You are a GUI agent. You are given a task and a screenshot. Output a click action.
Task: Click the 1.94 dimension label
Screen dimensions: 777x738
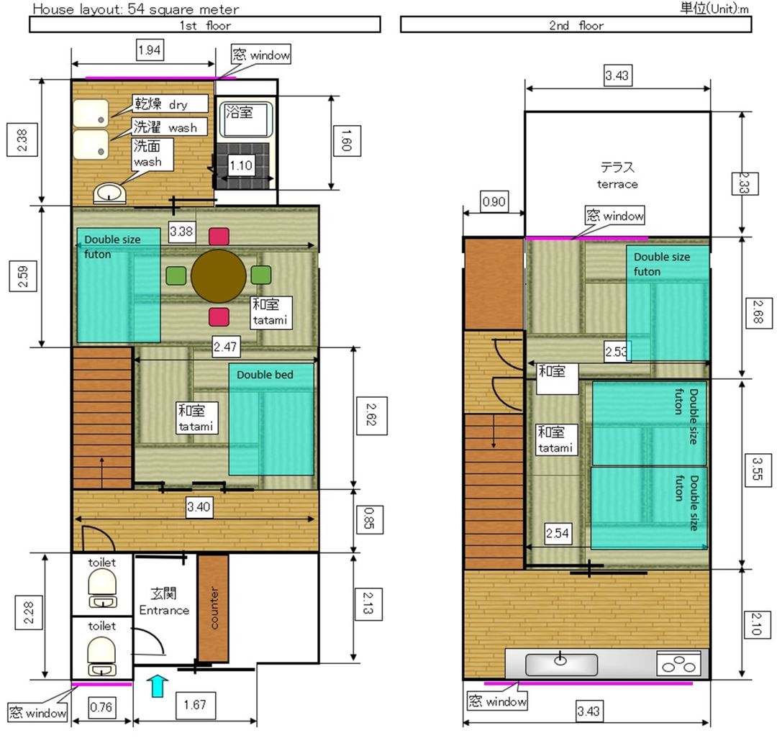point(150,50)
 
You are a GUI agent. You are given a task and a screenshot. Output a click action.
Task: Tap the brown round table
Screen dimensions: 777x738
point(219,276)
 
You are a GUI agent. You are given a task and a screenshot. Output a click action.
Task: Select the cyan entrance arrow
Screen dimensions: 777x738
point(158,685)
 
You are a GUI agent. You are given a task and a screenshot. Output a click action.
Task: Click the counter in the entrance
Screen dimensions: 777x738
point(213,609)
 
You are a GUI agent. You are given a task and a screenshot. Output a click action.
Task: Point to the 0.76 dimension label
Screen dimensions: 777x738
point(101,707)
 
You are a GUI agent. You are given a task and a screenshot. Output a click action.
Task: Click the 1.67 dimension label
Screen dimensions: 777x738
point(195,705)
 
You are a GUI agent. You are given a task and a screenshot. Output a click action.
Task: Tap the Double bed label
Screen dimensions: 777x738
point(265,375)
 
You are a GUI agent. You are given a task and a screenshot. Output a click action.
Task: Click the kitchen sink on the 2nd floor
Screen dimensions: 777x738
point(561,664)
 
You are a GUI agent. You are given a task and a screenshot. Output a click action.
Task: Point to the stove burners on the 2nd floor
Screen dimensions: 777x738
point(678,664)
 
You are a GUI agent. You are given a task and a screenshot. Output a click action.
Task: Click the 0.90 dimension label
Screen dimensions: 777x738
point(494,201)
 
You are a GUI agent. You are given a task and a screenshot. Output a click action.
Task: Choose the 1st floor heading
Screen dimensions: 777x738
point(205,25)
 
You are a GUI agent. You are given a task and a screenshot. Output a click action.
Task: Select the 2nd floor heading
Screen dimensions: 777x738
point(576,25)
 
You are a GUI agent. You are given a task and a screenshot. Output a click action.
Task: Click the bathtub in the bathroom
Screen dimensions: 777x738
point(246,119)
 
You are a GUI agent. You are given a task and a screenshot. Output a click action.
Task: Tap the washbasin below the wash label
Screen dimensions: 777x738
point(109,193)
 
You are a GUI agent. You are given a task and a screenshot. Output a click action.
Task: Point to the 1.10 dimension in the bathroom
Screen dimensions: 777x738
point(241,165)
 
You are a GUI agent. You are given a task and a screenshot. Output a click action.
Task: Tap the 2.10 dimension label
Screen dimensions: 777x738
point(757,624)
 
